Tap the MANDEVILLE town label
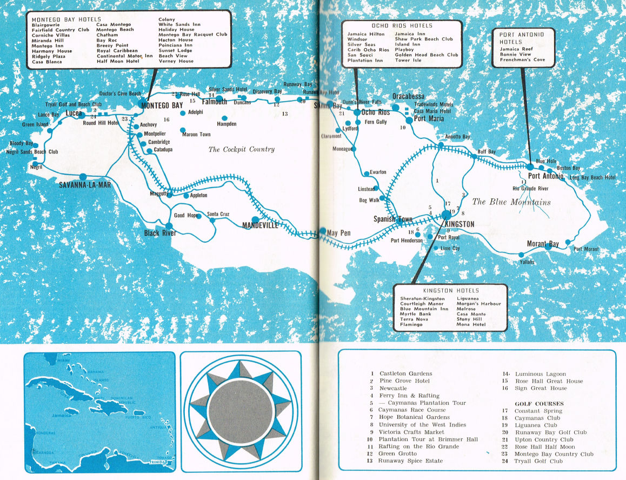pos(260,225)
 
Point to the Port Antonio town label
pos(545,176)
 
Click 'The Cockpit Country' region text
pos(242,149)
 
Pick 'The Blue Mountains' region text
pos(511,202)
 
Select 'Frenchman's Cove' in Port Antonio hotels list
pos(523,60)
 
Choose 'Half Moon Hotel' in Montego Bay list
pos(118,61)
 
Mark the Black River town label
pos(160,234)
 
